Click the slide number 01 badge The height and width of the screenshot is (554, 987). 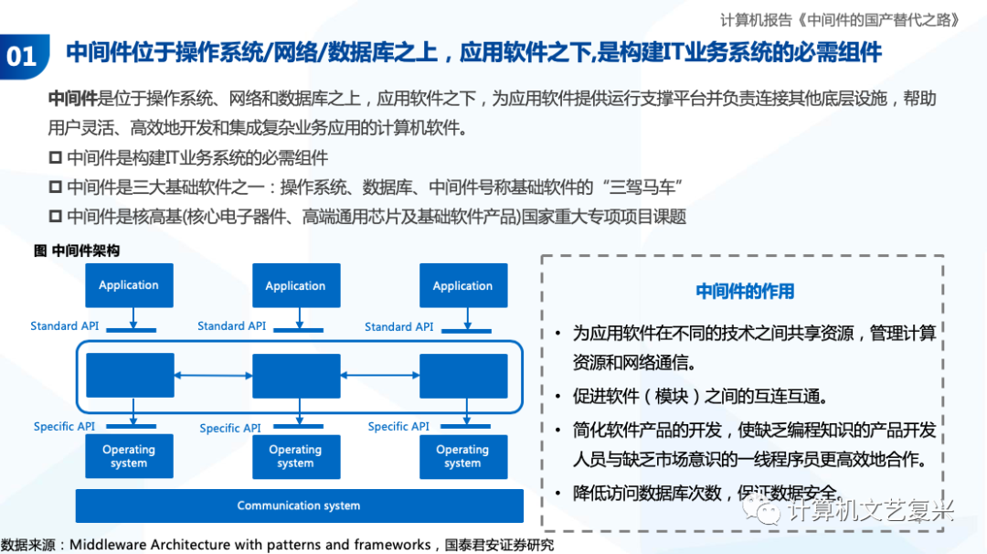23,57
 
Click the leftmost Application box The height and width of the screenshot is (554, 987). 129,285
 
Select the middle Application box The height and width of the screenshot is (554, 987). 295,286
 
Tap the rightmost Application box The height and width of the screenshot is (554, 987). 462,286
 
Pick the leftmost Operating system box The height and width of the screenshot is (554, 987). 129,456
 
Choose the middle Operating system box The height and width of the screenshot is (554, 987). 295,456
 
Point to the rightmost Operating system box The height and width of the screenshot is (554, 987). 462,456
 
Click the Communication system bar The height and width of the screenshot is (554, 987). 299,506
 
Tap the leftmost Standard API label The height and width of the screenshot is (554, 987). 64,326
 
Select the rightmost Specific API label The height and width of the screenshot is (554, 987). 398,427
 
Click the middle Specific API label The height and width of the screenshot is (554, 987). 230,428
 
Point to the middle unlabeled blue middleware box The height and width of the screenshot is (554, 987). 295,376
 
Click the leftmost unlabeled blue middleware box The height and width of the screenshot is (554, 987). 129,376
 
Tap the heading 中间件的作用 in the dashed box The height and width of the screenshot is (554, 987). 745,292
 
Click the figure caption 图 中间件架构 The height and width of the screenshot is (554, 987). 77,250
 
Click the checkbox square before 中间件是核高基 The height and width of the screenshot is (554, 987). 56,217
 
